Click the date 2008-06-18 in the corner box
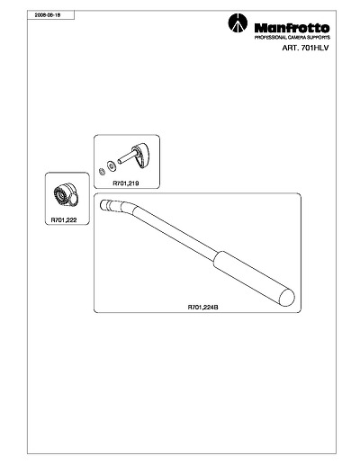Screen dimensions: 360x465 pyautogui.click(x=48, y=15)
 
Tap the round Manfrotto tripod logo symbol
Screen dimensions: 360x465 pyautogui.click(x=238, y=23)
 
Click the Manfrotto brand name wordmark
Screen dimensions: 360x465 pyautogui.click(x=292, y=29)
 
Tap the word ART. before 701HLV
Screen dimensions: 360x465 pyautogui.click(x=290, y=48)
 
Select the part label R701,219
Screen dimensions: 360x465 pyautogui.click(x=126, y=183)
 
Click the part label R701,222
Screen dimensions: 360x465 pyautogui.click(x=64, y=219)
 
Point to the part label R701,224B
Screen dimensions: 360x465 pyautogui.click(x=202, y=308)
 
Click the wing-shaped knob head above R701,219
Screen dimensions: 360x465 pyautogui.click(x=141, y=156)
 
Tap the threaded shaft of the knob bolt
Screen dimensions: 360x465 pyautogui.click(x=127, y=157)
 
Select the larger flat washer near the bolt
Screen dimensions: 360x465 pyautogui.click(x=112, y=165)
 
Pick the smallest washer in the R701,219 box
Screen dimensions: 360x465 pyautogui.click(x=102, y=172)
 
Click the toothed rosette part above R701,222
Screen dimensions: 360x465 pyautogui.click(x=67, y=194)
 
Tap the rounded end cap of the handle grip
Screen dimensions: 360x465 pyautogui.click(x=287, y=297)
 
